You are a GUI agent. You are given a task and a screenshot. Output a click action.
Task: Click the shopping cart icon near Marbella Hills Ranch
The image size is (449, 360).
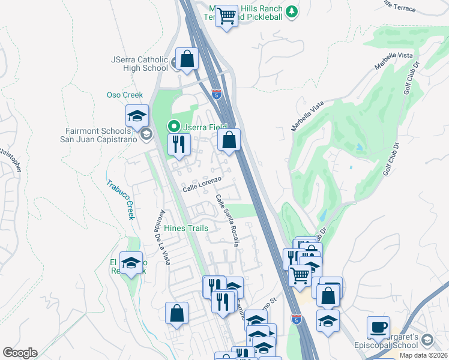(x=227, y=15)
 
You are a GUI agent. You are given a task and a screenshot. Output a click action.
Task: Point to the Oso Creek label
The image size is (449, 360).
(x=125, y=95)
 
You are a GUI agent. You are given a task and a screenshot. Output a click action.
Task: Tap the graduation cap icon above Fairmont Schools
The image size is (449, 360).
(x=137, y=115)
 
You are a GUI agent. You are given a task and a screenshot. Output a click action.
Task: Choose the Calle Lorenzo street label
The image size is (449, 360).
(x=202, y=184)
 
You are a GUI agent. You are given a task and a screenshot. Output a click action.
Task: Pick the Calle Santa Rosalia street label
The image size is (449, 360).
(x=228, y=220)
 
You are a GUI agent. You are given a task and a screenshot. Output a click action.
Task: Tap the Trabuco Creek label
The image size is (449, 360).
(x=119, y=200)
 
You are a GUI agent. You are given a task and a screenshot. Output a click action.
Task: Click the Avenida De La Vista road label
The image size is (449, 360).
(x=160, y=237)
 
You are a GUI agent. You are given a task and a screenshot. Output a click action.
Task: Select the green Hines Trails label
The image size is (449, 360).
(x=185, y=228)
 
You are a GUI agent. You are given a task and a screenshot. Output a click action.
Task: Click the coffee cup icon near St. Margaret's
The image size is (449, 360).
(x=378, y=327)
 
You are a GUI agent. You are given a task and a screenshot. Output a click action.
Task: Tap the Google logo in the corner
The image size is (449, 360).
(x=20, y=353)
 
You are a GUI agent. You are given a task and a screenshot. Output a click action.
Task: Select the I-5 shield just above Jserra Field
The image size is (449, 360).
(x=216, y=94)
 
